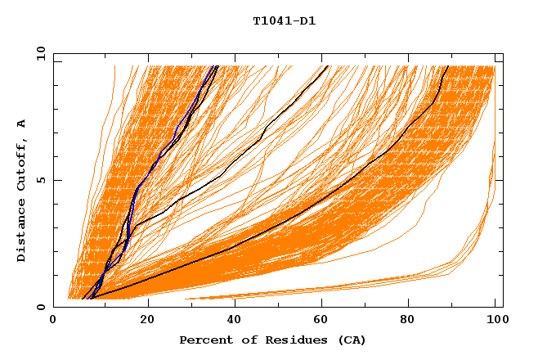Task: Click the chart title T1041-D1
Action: (284, 21)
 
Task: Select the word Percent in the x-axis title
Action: (204, 340)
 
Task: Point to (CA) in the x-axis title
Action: (352, 340)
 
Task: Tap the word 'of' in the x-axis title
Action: (241, 340)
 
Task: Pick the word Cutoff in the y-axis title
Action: (22, 164)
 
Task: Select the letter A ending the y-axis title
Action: (22, 124)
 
